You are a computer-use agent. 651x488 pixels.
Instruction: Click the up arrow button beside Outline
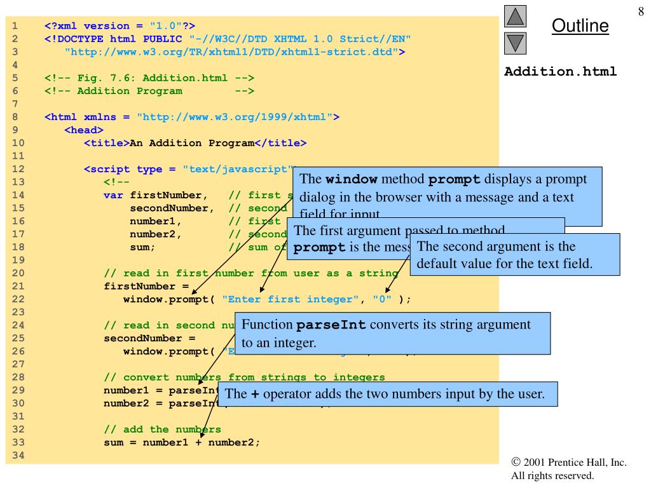(516, 15)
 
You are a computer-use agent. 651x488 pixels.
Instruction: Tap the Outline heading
(580, 26)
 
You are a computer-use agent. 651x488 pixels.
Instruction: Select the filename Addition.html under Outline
(560, 71)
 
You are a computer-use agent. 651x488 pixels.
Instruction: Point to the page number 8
(640, 11)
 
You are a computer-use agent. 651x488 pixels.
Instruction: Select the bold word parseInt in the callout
(331, 325)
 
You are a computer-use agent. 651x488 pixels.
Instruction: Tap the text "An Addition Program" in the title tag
(191, 143)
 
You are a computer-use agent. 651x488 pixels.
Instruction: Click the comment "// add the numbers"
(162, 429)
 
